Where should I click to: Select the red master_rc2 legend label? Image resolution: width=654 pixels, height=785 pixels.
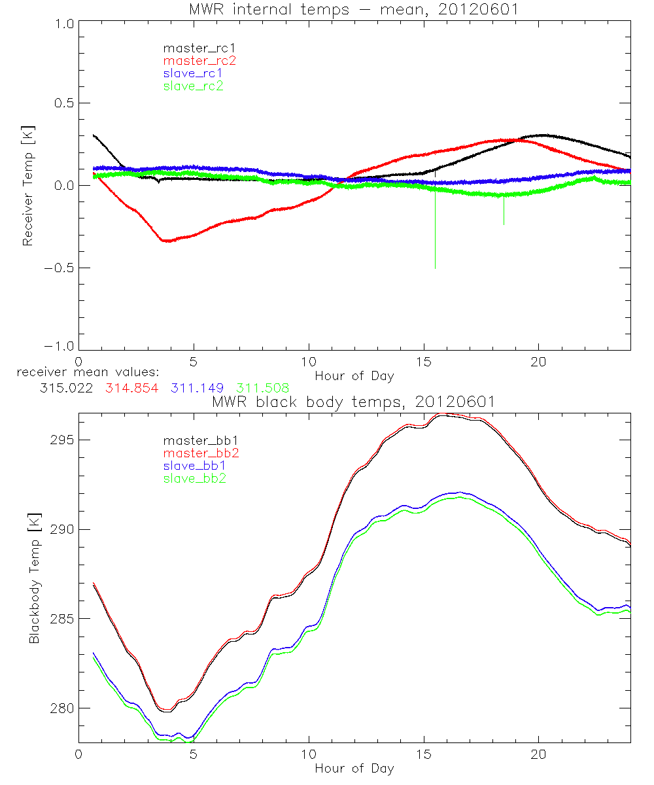pos(199,61)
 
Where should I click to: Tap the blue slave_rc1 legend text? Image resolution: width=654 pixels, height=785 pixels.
pos(193,73)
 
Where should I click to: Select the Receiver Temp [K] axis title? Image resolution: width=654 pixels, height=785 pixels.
pos(27,185)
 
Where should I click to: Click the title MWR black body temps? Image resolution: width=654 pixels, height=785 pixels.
pos(354,402)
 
